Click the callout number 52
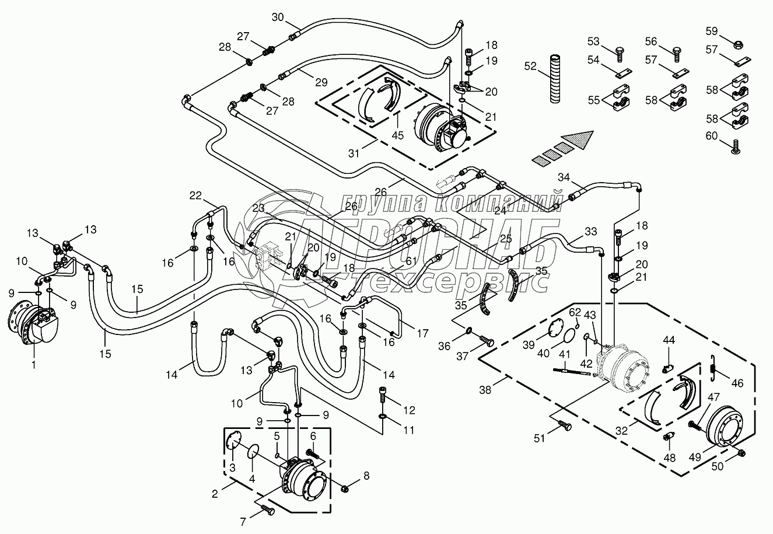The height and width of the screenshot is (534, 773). click(530, 67)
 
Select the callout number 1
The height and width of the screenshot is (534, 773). click(33, 365)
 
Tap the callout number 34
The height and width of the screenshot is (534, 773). click(563, 177)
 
